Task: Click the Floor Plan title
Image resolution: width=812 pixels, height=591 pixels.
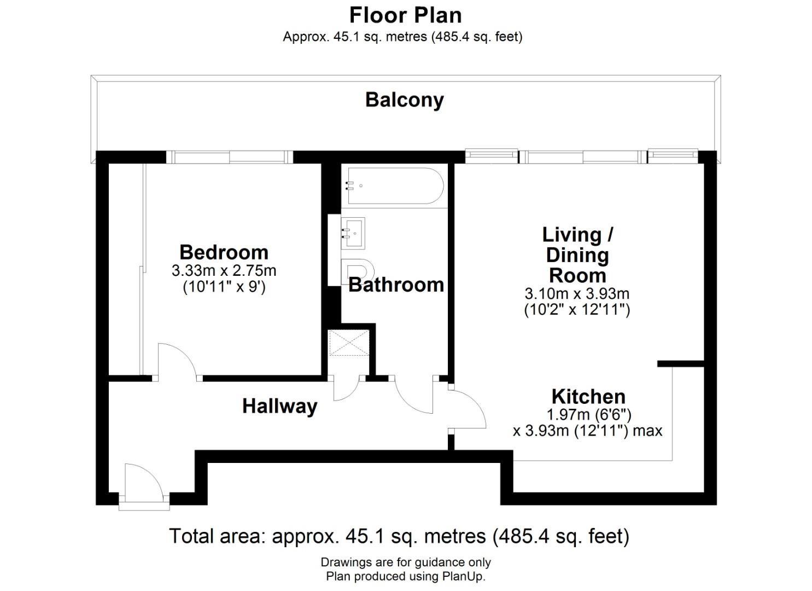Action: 405,16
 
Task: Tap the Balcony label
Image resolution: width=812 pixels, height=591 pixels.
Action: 404,100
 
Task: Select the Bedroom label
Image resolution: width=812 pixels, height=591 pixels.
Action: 224,252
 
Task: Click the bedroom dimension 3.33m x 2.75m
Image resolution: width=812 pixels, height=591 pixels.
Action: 224,271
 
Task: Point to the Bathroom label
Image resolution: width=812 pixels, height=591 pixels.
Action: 396,285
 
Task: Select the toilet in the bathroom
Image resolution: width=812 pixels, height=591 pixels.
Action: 357,272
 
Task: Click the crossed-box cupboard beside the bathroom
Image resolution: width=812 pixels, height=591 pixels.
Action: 348,343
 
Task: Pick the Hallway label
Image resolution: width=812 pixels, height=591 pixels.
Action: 279,407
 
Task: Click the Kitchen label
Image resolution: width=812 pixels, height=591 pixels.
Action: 588,397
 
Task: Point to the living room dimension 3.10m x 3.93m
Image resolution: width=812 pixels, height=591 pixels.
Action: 577,294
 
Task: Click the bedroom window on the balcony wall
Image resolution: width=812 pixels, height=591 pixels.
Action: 230,157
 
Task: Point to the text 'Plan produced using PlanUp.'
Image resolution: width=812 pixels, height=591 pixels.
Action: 406,576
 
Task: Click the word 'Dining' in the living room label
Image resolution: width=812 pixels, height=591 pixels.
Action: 577,256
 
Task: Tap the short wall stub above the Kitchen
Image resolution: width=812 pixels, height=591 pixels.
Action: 681,363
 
